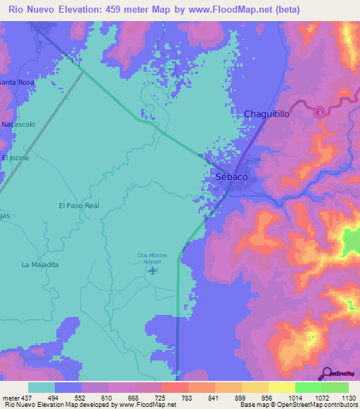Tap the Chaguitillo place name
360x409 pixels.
266,114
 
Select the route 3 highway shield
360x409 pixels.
319,112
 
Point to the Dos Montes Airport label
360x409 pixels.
148,258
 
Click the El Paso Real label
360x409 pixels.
79,206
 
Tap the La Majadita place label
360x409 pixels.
40,265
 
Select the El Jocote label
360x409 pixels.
15,158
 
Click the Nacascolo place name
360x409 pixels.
18,124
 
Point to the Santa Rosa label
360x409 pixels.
17,82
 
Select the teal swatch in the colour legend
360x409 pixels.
41,387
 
